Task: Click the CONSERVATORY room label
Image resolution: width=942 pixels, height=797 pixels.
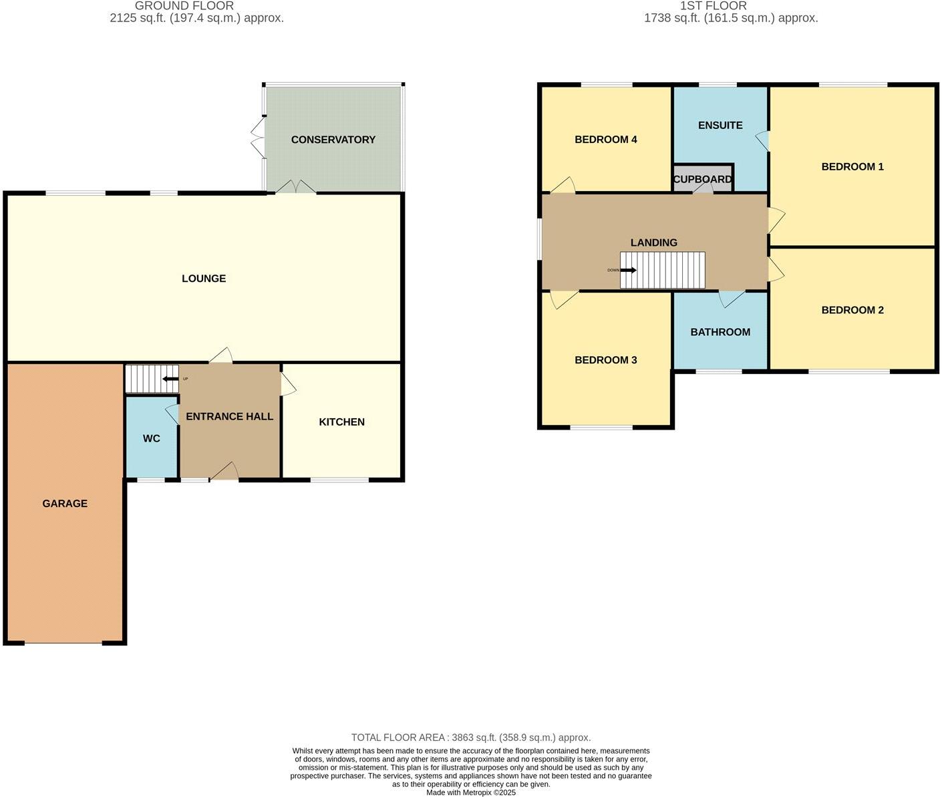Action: [x=333, y=140]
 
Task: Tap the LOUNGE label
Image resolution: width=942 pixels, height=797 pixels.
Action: [x=204, y=279]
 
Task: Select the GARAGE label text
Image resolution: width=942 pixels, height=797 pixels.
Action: [x=65, y=504]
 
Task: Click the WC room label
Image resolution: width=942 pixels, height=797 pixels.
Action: [x=152, y=439]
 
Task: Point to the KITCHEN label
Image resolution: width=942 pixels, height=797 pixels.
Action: [x=341, y=422]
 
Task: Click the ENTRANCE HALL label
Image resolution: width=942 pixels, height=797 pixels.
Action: [x=229, y=417]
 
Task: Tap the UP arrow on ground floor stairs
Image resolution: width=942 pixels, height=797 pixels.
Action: [x=170, y=379]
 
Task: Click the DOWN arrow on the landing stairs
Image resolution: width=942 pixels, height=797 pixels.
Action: [x=628, y=271]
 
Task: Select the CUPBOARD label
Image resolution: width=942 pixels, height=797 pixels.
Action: [x=702, y=180]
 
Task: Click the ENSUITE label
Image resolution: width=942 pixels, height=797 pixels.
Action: [x=720, y=126]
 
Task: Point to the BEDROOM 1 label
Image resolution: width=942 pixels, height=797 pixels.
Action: [x=852, y=167]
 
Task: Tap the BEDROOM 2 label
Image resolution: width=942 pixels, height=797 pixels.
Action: [x=852, y=310]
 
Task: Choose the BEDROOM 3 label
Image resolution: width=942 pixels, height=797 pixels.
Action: [x=605, y=360]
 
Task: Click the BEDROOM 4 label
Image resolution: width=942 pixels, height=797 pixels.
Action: [x=605, y=140]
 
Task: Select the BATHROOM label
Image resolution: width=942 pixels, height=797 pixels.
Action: [x=720, y=332]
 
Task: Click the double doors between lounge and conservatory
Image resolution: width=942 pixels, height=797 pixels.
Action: [x=297, y=188]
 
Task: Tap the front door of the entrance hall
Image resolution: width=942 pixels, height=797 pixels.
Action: [x=224, y=472]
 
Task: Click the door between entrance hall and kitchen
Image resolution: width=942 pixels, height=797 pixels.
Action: [x=288, y=385]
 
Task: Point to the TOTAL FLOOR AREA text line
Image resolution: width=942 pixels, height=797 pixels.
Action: [x=471, y=738]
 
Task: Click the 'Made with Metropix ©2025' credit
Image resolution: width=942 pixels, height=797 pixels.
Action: [x=471, y=792]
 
